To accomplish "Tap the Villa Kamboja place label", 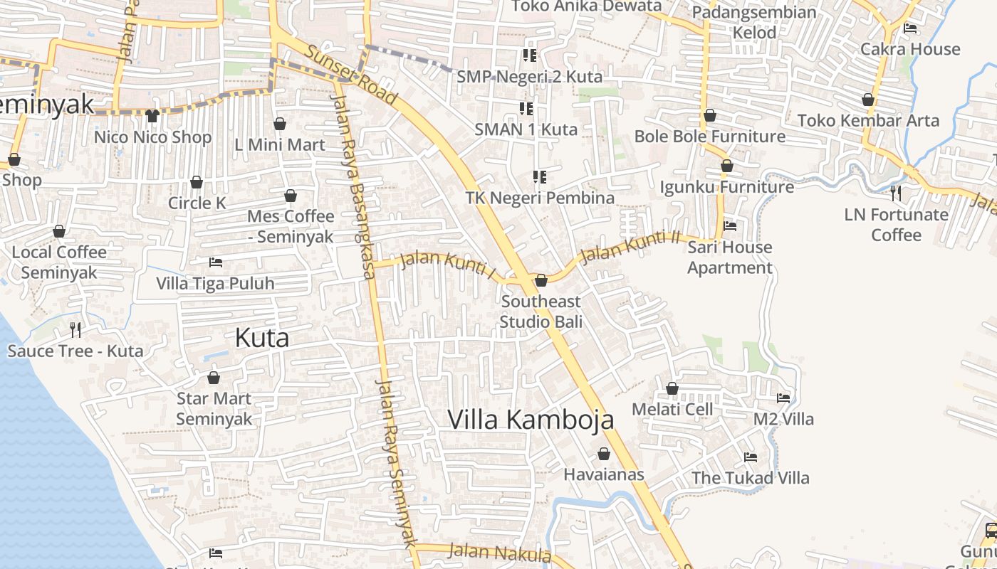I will tap(531, 420).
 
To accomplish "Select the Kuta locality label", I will tap(262, 338).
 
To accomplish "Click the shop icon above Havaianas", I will tap(604, 454).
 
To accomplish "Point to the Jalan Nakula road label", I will tap(500, 552).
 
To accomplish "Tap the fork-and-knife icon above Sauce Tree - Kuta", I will tap(75, 329).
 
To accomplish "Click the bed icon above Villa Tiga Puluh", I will tap(215, 262).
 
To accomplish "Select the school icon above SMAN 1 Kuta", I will tap(526, 109).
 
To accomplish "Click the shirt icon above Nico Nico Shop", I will tap(152, 115).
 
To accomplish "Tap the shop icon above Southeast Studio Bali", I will tap(541, 280).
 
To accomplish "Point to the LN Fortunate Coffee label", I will tap(896, 224).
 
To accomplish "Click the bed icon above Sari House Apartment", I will tap(730, 226).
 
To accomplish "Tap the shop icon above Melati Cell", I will tap(672, 388).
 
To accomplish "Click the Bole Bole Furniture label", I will tap(710, 136).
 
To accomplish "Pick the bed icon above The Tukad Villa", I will tap(750, 457).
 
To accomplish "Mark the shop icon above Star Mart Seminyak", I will tap(213, 377).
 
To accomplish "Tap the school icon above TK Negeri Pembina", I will tap(539, 176).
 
